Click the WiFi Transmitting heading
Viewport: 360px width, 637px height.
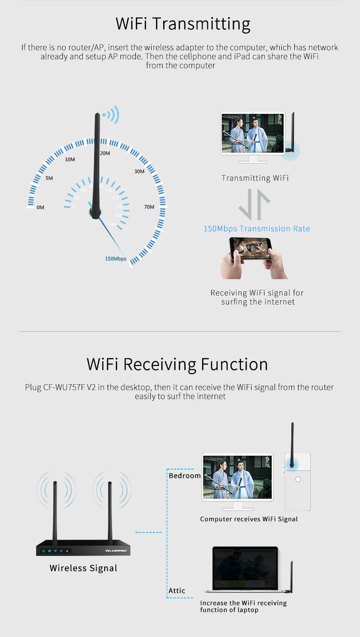click(183, 24)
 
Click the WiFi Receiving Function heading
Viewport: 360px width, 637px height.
click(177, 364)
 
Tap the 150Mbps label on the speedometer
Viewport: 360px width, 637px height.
click(116, 259)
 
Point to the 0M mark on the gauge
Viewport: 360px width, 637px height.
click(40, 207)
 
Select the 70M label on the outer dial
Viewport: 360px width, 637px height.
click(149, 207)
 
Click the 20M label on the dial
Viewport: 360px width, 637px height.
click(105, 153)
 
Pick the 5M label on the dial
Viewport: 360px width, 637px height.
click(49, 178)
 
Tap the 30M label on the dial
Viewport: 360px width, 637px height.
click(139, 171)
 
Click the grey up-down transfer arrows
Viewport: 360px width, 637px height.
click(254, 204)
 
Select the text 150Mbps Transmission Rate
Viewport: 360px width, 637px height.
click(257, 229)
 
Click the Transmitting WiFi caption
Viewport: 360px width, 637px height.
click(255, 178)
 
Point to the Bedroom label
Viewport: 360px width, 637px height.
click(185, 475)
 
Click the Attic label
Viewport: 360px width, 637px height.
click(177, 590)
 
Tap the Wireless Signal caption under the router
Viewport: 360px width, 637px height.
click(84, 568)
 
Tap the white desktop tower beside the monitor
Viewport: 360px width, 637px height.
click(298, 482)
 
